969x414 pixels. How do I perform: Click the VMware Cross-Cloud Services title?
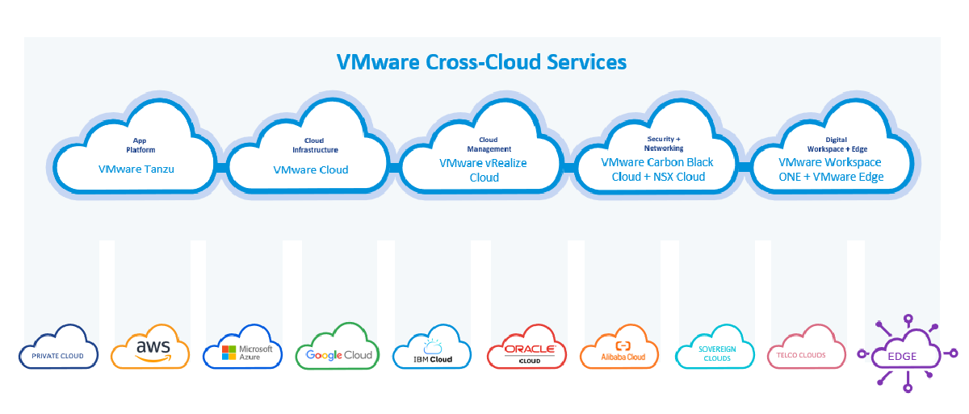tap(481, 62)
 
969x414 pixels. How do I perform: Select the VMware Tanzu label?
tap(136, 169)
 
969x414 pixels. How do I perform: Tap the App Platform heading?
tap(141, 145)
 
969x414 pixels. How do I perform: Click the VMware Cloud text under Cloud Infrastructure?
tap(311, 169)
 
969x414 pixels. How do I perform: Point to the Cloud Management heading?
tap(489, 144)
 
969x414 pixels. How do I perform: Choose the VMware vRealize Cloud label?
tap(483, 170)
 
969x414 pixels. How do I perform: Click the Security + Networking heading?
tap(664, 144)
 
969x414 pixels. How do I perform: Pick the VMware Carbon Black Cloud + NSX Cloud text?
tap(657, 169)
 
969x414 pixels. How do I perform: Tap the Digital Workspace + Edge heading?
tap(837, 144)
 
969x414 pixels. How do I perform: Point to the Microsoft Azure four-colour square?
tap(229, 353)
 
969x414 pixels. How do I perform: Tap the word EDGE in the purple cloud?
tap(902, 357)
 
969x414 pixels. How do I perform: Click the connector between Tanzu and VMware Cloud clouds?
tap(221, 168)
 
